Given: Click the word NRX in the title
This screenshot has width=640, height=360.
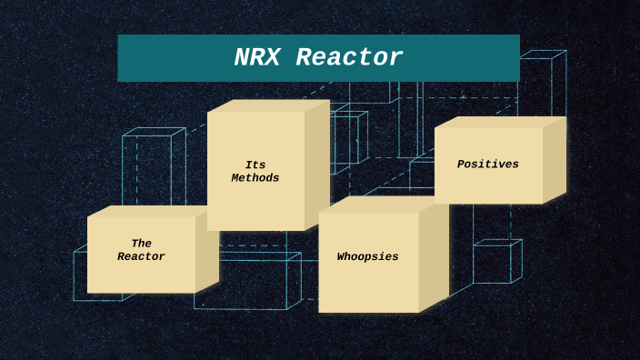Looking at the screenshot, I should (x=256, y=58).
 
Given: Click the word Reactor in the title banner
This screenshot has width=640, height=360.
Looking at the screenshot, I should (x=349, y=58).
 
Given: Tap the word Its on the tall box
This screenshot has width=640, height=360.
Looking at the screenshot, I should (x=255, y=165).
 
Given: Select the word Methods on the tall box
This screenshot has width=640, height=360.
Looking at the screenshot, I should (x=255, y=178).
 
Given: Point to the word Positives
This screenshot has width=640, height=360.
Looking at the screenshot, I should (x=488, y=165).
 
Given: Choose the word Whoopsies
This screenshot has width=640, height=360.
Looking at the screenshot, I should (x=368, y=257).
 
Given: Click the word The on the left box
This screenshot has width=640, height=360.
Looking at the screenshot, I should (x=141, y=244).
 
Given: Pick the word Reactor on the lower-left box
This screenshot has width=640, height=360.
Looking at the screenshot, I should (x=141, y=257).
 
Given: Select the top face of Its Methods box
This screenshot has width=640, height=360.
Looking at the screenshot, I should (x=268, y=105).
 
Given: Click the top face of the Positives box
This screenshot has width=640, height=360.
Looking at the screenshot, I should (x=500, y=122).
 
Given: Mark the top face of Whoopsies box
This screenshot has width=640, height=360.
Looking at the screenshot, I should (x=382, y=205).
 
